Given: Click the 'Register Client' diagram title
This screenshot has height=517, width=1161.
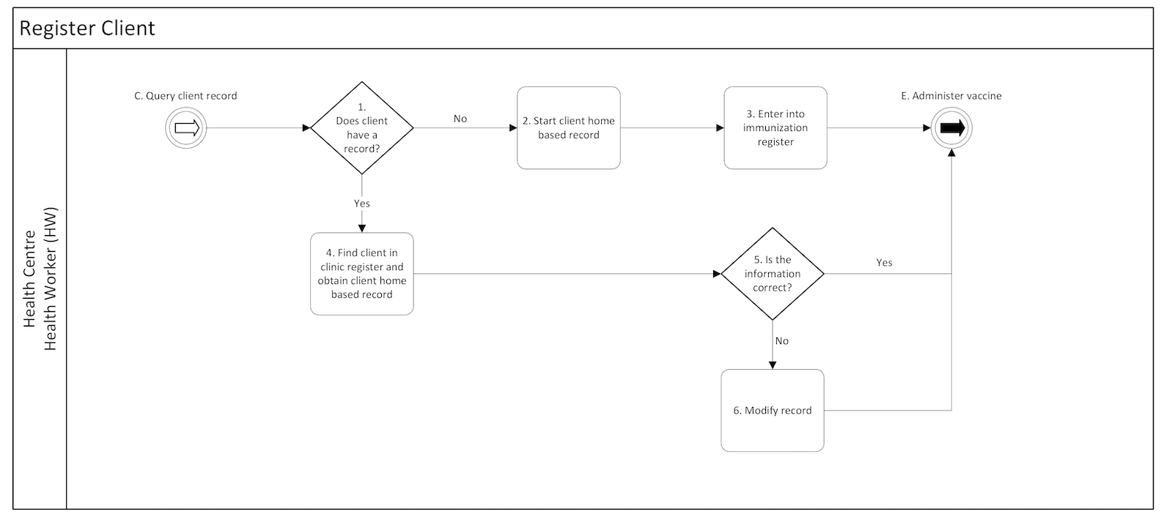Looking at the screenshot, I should [x=87, y=29].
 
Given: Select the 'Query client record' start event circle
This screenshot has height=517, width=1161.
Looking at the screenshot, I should [x=186, y=128].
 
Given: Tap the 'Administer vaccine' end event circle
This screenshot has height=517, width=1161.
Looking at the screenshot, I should [x=951, y=128].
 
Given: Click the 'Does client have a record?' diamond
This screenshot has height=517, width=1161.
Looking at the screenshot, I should [x=362, y=128].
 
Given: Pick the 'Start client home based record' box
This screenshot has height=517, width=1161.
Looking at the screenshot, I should [x=569, y=128].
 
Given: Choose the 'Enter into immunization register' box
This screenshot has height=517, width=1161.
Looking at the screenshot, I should [x=775, y=128].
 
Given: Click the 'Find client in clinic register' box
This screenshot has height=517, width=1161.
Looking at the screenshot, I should [x=362, y=274].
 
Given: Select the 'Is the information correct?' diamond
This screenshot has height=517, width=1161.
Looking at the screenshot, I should [x=773, y=274].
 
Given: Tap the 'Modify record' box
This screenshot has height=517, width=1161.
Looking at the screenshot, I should [x=773, y=410].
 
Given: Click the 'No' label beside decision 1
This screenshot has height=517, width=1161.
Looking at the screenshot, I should [x=460, y=119].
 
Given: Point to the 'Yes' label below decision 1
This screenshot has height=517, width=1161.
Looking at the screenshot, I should [x=362, y=204].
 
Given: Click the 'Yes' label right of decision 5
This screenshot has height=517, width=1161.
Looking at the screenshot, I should [x=885, y=262].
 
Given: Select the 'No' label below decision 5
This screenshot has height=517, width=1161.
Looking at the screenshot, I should [x=782, y=341].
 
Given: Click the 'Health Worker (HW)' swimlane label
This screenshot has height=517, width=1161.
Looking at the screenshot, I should [x=51, y=278].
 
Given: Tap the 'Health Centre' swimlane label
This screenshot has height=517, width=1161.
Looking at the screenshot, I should [x=30, y=278].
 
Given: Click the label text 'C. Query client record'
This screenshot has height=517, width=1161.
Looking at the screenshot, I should [x=185, y=96].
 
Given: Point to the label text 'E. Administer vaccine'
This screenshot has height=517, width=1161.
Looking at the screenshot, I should [x=951, y=96].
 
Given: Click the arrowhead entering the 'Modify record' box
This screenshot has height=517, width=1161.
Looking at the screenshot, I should [x=773, y=365].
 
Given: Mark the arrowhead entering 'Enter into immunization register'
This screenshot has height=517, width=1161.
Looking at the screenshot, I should [x=720, y=128].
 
